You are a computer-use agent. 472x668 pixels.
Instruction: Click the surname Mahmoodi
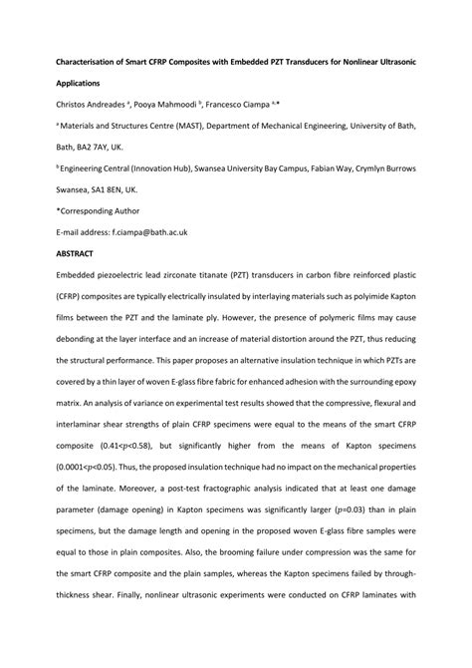[173, 104]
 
